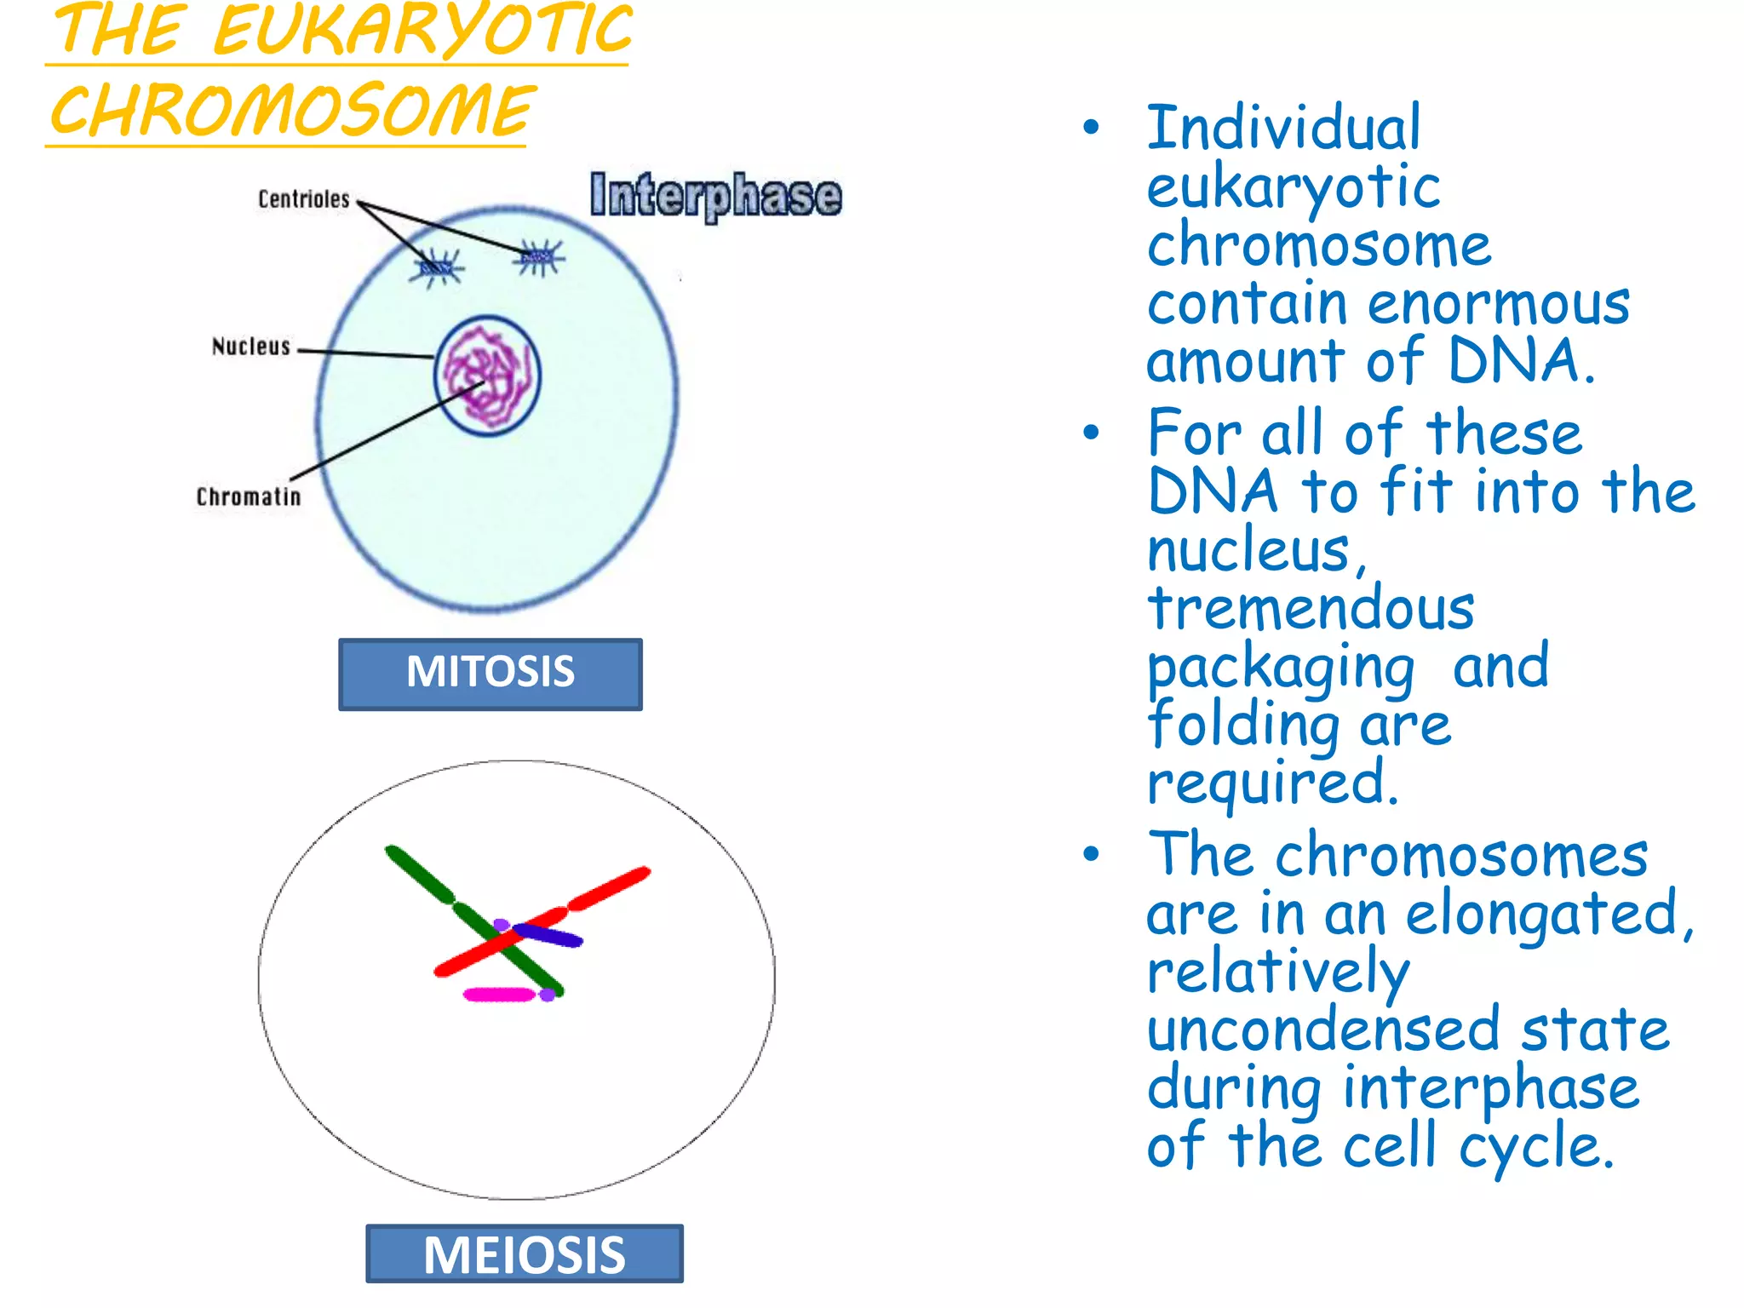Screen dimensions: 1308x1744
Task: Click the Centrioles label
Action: click(x=303, y=199)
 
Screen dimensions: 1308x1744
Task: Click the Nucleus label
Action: click(x=250, y=347)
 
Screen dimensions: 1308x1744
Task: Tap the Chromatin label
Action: click(x=248, y=496)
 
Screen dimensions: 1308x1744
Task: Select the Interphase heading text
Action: click(x=715, y=195)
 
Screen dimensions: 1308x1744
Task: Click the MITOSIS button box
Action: click(x=490, y=673)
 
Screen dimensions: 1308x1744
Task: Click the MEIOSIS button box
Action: click(x=524, y=1253)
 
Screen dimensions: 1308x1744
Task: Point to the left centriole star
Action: click(x=438, y=268)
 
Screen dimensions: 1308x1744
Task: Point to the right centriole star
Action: click(x=539, y=256)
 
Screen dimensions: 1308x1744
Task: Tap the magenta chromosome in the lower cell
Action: click(x=499, y=994)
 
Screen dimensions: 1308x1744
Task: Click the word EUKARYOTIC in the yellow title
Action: click(x=422, y=31)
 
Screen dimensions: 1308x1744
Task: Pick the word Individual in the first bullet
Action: click(x=1284, y=128)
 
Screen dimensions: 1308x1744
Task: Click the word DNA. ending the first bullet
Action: click(x=1521, y=361)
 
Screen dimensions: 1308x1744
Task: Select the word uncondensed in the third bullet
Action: click(x=1322, y=1030)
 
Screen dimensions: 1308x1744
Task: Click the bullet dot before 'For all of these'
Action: click(x=1091, y=433)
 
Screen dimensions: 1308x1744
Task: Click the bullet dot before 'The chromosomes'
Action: click(x=1091, y=854)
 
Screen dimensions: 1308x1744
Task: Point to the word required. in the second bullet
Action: click(x=1272, y=783)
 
